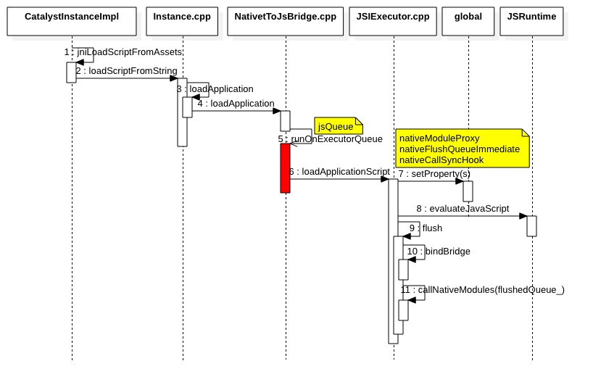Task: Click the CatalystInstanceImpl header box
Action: [x=72, y=21]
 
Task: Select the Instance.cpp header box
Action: [x=182, y=21]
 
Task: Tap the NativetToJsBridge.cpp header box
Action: [x=285, y=21]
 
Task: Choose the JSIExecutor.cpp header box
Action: [x=394, y=21]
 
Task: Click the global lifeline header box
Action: [x=468, y=21]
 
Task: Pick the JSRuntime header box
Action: [x=531, y=21]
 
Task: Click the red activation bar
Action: [x=285, y=167]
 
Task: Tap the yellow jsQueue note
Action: [x=338, y=126]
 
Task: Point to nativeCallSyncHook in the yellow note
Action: [x=441, y=160]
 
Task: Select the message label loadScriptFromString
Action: [x=133, y=71]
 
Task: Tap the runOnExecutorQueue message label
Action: [x=336, y=139]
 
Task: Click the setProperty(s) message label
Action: [x=440, y=174]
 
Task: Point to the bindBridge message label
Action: [x=447, y=252]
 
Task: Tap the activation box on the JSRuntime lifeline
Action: [x=531, y=225]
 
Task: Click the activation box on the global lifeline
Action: [x=468, y=191]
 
